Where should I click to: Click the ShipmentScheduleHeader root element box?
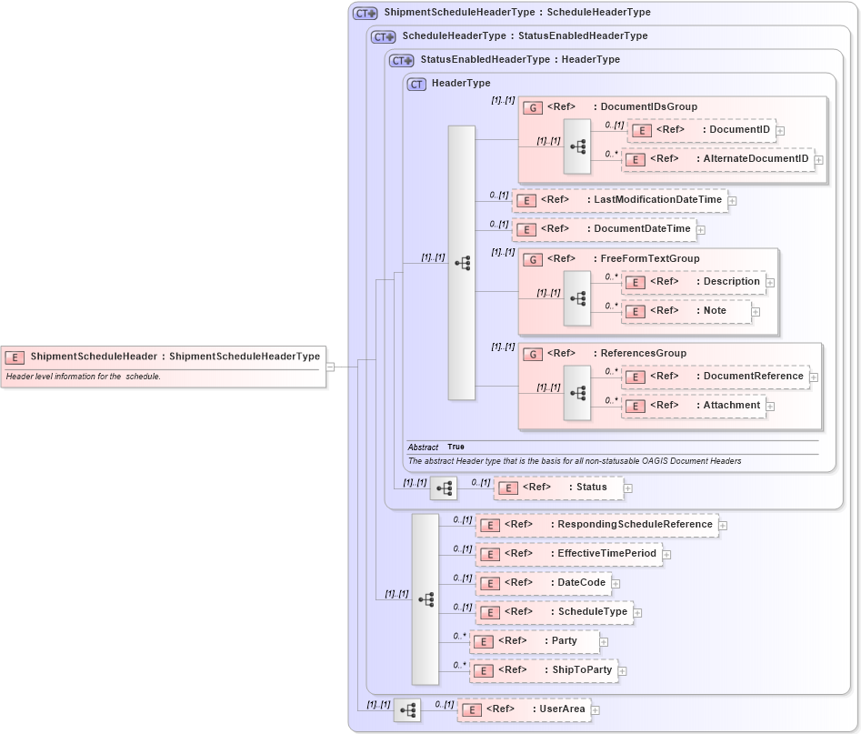point(164,357)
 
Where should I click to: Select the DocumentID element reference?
point(700,130)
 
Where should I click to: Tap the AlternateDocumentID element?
point(718,159)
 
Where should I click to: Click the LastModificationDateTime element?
point(619,200)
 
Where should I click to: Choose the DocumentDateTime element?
point(604,229)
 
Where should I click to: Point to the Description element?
point(696,282)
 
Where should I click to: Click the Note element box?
point(686,311)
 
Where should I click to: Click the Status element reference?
point(558,488)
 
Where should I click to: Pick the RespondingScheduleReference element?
point(596,525)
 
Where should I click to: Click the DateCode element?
point(543,583)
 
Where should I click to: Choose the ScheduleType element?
point(554,612)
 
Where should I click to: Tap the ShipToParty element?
point(543,670)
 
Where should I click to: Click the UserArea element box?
point(523,709)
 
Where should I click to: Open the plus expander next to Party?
point(604,642)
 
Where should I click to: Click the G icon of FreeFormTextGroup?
point(534,259)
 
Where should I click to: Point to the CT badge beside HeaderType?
point(416,84)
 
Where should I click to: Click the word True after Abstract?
point(456,447)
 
